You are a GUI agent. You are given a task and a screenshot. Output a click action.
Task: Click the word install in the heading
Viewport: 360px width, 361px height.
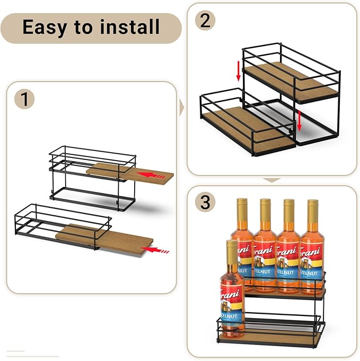pos(129,27)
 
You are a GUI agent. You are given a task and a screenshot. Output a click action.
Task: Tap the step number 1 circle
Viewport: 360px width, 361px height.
pos(24,99)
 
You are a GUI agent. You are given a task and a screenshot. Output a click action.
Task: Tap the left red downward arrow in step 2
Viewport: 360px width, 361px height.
pos(238,71)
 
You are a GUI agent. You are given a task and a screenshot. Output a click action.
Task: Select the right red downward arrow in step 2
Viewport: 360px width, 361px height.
pos(299,120)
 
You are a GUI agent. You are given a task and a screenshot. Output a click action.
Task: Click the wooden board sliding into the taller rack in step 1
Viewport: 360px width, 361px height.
pos(130,173)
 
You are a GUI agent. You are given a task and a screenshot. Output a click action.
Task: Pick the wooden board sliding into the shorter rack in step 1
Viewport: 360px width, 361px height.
pos(106,240)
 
